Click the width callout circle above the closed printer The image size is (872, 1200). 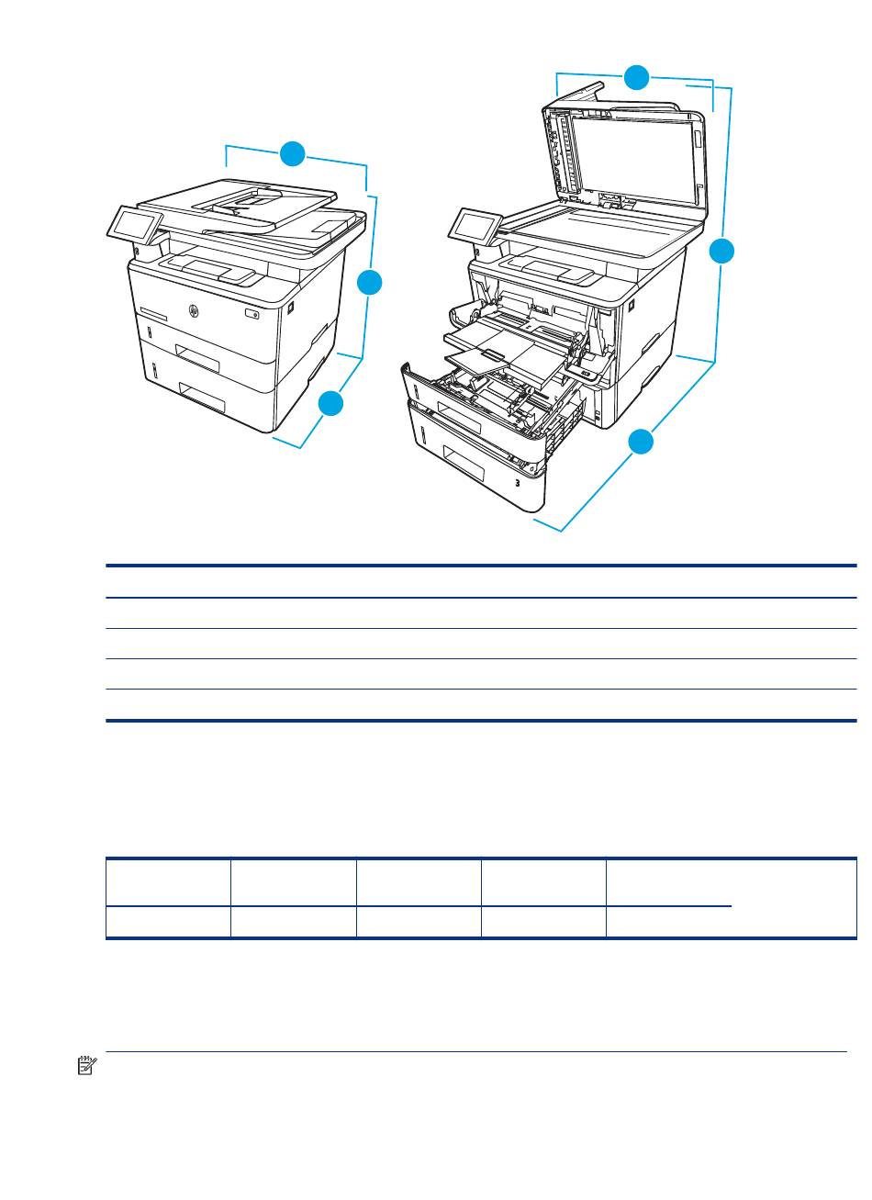point(292,153)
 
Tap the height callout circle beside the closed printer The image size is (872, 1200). point(370,282)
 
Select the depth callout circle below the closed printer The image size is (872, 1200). point(331,403)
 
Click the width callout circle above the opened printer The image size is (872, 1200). point(637,78)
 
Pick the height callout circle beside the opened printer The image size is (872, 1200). point(721,252)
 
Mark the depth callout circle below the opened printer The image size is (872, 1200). point(641,441)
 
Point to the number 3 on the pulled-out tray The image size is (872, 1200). point(517,483)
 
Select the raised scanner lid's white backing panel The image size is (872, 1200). point(631,160)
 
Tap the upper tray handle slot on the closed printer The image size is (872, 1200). point(197,358)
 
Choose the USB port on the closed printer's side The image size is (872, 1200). point(290,308)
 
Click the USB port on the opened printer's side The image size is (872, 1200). point(632,306)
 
